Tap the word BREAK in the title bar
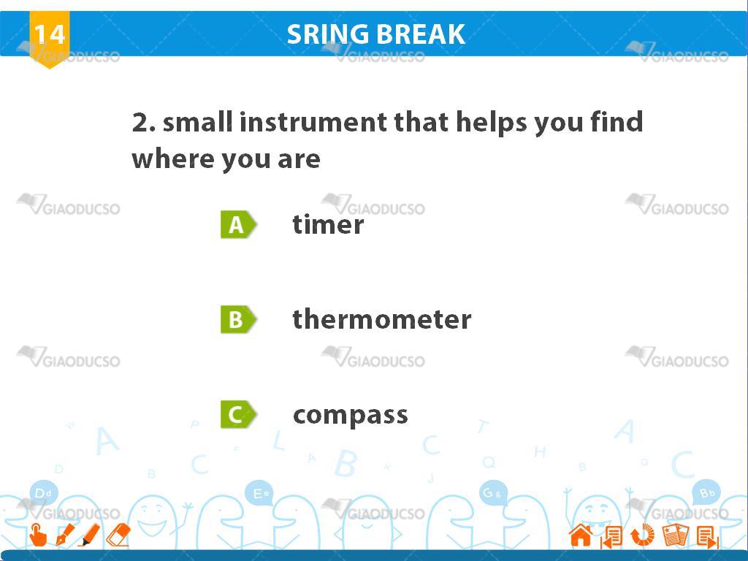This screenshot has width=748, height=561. point(420,34)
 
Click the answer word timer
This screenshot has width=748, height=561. point(328,224)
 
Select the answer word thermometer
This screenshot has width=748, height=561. point(381,318)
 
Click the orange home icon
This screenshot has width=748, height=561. point(581,535)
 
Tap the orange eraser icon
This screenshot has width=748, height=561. point(118,535)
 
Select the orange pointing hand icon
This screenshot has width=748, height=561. point(38,535)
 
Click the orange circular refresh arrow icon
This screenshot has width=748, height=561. point(643,535)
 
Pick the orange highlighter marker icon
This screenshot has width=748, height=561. point(90,535)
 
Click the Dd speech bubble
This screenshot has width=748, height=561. point(43,493)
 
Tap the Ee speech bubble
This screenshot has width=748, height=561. point(260,493)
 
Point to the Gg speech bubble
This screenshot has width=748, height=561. point(493,493)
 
